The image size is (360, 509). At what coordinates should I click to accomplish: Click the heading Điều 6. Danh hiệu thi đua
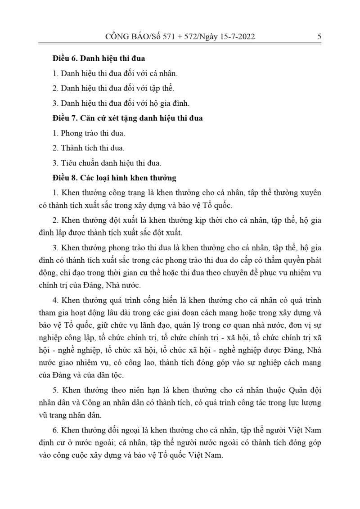[x=98, y=59]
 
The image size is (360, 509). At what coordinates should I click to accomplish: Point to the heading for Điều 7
[x=127, y=118]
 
